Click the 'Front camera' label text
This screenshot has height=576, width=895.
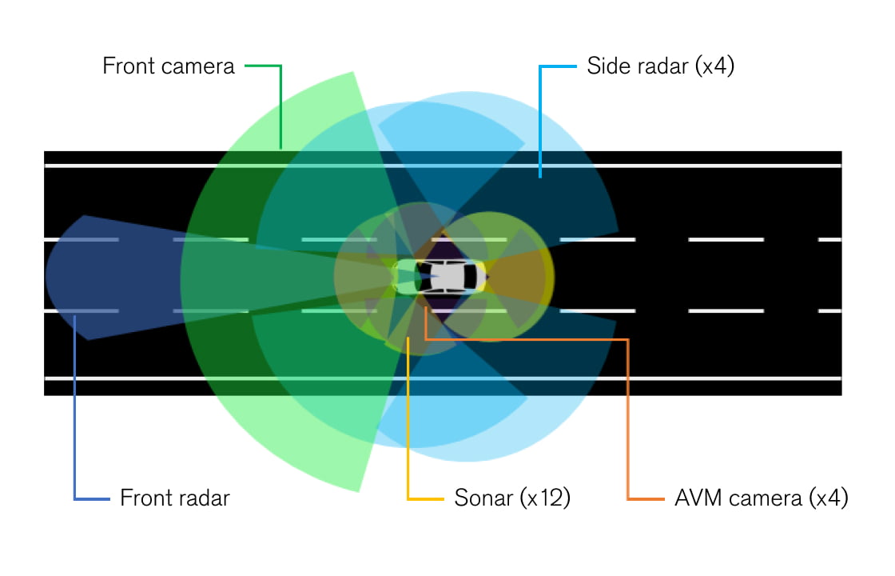point(169,66)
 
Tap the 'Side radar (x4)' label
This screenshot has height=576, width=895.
point(660,66)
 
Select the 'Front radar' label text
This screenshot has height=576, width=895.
point(174,498)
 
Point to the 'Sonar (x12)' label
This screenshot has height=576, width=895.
point(512,498)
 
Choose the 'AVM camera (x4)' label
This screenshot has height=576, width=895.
point(760,498)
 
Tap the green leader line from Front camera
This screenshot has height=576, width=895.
point(280,104)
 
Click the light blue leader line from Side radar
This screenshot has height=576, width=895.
point(541,120)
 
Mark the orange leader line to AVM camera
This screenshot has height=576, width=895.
point(628,416)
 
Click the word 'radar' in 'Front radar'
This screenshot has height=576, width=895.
point(203,498)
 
